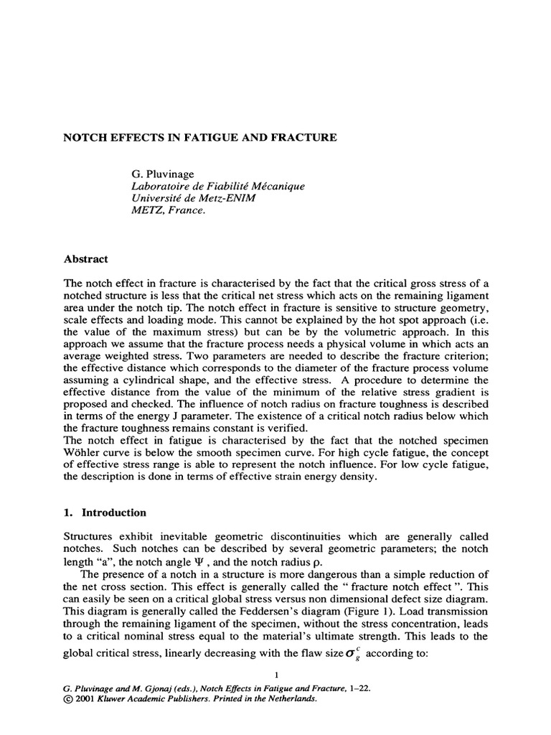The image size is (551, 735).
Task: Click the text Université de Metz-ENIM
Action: tap(189, 199)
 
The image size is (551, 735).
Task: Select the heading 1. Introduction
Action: tap(105, 512)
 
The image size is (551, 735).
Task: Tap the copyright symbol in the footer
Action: tap(69, 698)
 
